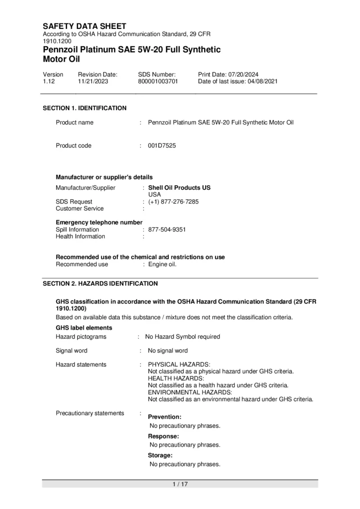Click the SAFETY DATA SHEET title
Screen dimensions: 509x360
pyautogui.click(x=84, y=27)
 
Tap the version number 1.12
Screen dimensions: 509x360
pyautogui.click(x=48, y=81)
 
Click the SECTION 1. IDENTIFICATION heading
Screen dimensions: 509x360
pyautogui.click(x=85, y=108)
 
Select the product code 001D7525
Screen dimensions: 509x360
pyautogui.click(x=162, y=146)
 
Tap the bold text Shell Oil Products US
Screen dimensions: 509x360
pyautogui.click(x=179, y=188)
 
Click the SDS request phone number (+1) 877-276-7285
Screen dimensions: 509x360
pyautogui.click(x=173, y=202)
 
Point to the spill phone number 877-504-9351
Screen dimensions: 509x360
pyautogui.click(x=167, y=229)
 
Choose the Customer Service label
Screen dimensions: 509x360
pyautogui.click(x=80, y=209)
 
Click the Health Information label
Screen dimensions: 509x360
pyautogui.click(x=80, y=237)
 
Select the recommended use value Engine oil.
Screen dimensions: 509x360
pyautogui.click(x=162, y=264)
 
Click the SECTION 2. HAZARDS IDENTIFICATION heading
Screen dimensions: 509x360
pyautogui.click(x=100, y=284)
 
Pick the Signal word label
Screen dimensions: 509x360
pyautogui.click(x=72, y=351)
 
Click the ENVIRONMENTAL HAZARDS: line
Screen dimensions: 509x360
pyautogui.click(x=190, y=392)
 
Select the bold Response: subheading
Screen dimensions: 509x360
pyautogui.click(x=163, y=436)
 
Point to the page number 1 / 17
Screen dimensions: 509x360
pyautogui.click(x=180, y=484)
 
